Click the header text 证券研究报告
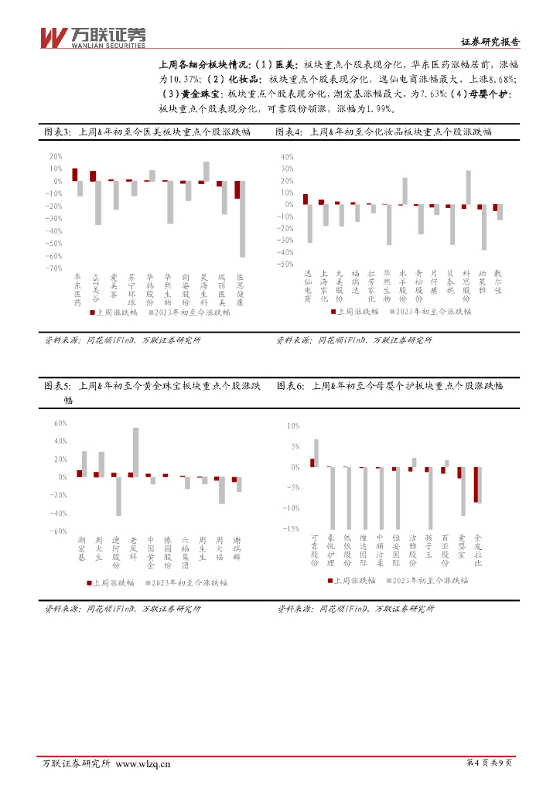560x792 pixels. coord(490,43)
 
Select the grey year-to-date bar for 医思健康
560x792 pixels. coord(242,219)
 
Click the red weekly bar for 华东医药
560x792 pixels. coord(75,175)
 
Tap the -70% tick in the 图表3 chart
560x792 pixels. coord(56,268)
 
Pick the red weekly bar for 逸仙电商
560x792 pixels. coord(306,200)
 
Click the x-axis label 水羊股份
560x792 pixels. coord(402,285)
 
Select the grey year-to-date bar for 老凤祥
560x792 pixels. coord(136,452)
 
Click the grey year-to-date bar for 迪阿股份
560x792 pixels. coord(119,496)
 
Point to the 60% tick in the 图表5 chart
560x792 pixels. coord(61,423)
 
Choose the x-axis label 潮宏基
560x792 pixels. coord(82,549)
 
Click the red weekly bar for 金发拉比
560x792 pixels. coord(476,484)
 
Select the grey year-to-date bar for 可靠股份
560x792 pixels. coord(316,453)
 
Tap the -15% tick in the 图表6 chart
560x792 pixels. coord(292,529)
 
